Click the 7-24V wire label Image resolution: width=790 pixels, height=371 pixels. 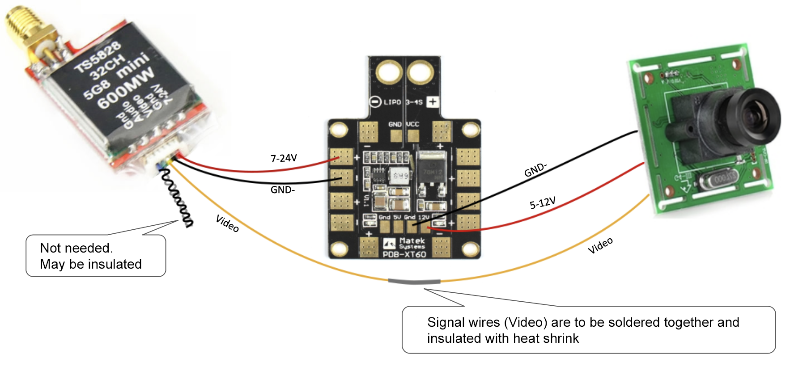[284, 158]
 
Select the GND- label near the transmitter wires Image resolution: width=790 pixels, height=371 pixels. [283, 190]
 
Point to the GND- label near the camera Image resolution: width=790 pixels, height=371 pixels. [535, 170]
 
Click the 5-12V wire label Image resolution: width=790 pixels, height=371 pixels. [543, 203]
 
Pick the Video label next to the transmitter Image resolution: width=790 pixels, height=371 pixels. [227, 223]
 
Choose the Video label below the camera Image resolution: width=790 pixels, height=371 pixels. [600, 245]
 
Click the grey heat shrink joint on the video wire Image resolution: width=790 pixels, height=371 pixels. [414, 282]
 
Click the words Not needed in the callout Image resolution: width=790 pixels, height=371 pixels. [76, 248]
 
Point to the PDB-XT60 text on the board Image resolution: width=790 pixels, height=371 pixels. [404, 254]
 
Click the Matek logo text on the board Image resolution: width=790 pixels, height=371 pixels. [412, 241]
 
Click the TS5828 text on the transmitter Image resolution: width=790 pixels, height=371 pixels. [98, 56]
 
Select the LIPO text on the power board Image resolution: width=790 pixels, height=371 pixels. [392, 102]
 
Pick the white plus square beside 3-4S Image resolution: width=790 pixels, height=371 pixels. [432, 102]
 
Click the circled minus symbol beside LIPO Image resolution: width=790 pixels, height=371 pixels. [375, 102]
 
